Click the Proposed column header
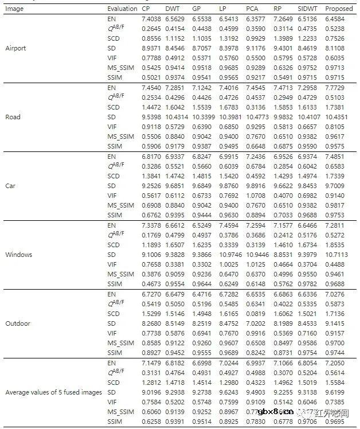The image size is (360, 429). (339, 9)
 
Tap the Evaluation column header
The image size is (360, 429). (122, 9)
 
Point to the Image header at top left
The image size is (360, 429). (14, 9)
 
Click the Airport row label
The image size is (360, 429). (15, 48)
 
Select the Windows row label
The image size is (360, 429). (18, 255)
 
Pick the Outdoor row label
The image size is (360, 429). (18, 323)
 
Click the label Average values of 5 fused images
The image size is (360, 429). (54, 392)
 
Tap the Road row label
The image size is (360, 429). (13, 117)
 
